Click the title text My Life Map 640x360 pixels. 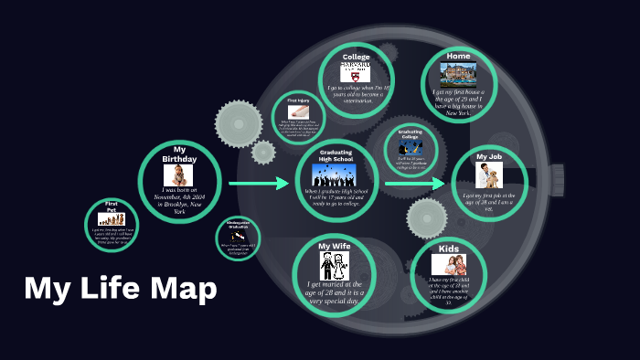(121, 289)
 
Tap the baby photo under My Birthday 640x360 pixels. (178, 175)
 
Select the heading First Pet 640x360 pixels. (112, 206)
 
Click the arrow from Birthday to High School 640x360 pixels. (258, 185)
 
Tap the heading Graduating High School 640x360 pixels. (336, 155)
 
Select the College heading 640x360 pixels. (356, 57)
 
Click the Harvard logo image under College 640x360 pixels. (356, 71)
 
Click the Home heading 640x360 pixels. (459, 56)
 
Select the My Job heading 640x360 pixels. (489, 156)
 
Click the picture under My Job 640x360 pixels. (489, 175)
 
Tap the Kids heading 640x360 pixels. (449, 248)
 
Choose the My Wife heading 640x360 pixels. (336, 247)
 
